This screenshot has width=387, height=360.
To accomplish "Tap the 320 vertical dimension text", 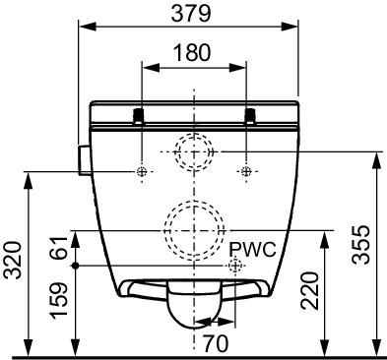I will (x=12, y=261).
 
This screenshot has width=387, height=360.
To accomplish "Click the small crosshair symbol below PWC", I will (x=236, y=267).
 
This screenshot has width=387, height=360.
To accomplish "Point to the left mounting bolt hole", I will (x=143, y=171).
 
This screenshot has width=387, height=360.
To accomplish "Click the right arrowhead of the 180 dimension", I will (x=241, y=66).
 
